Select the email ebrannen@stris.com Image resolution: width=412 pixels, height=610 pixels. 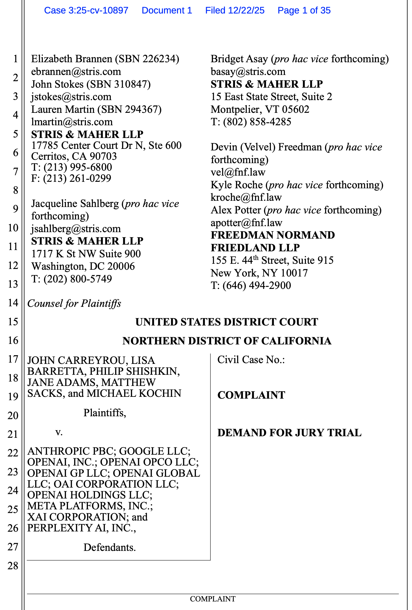tap(76, 72)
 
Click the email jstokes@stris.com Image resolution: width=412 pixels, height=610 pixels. tap(71, 97)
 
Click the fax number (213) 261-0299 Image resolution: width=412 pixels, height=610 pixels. tap(77, 178)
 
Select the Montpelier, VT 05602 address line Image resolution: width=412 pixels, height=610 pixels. tap(260, 109)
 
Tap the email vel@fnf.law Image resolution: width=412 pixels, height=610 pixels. tap(238, 172)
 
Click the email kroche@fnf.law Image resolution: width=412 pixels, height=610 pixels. tap(246, 197)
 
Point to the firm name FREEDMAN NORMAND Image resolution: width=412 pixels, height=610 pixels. tap(273, 235)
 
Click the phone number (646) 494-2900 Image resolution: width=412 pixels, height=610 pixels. tap(257, 286)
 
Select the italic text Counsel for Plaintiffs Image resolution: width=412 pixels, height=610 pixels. tap(74, 304)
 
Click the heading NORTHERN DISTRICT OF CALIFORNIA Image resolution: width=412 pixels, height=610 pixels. tap(226, 341)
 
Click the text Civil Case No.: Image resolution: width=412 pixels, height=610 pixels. tap(251, 360)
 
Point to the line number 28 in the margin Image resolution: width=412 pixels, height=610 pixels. tap(13, 566)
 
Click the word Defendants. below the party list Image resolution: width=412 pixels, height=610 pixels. tap(109, 547)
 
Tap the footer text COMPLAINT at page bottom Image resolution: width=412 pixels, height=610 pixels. tap(213, 599)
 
